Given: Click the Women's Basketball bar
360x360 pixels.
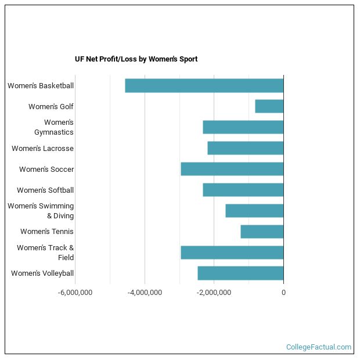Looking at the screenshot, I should pos(204,85).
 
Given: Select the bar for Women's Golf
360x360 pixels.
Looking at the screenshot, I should pos(269,106).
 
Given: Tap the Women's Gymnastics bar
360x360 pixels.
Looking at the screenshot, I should pos(243,127).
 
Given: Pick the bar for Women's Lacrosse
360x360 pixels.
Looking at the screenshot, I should pos(246,148).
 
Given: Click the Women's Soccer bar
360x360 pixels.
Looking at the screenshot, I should pos(232,169).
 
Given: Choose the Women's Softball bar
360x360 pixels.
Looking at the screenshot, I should pos(243,190).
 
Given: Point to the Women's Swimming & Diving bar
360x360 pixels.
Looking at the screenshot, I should pos(254,211).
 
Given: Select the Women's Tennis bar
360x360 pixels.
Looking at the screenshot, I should pos(262,232).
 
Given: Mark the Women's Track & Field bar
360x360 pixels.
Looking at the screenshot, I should pos(232,253).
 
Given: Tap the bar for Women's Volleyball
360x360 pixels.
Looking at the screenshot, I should pos(240,273).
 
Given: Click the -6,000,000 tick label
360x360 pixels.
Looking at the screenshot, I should pos(75,293).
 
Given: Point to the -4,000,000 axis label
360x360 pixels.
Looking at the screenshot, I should pos(145,293).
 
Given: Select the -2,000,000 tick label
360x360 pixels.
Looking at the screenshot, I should pos(214,293).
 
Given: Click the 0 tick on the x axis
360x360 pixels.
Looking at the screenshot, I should pos(283,293).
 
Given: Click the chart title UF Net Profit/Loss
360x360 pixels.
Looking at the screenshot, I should pos(136,59).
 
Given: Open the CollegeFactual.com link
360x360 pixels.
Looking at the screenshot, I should pos(318,347).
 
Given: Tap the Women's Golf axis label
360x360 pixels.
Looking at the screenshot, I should pos(51,107).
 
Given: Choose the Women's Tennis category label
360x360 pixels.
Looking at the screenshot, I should pos(47,232).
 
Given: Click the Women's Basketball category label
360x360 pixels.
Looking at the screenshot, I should pos(41,86).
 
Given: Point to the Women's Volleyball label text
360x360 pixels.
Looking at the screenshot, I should pos(42,273).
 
